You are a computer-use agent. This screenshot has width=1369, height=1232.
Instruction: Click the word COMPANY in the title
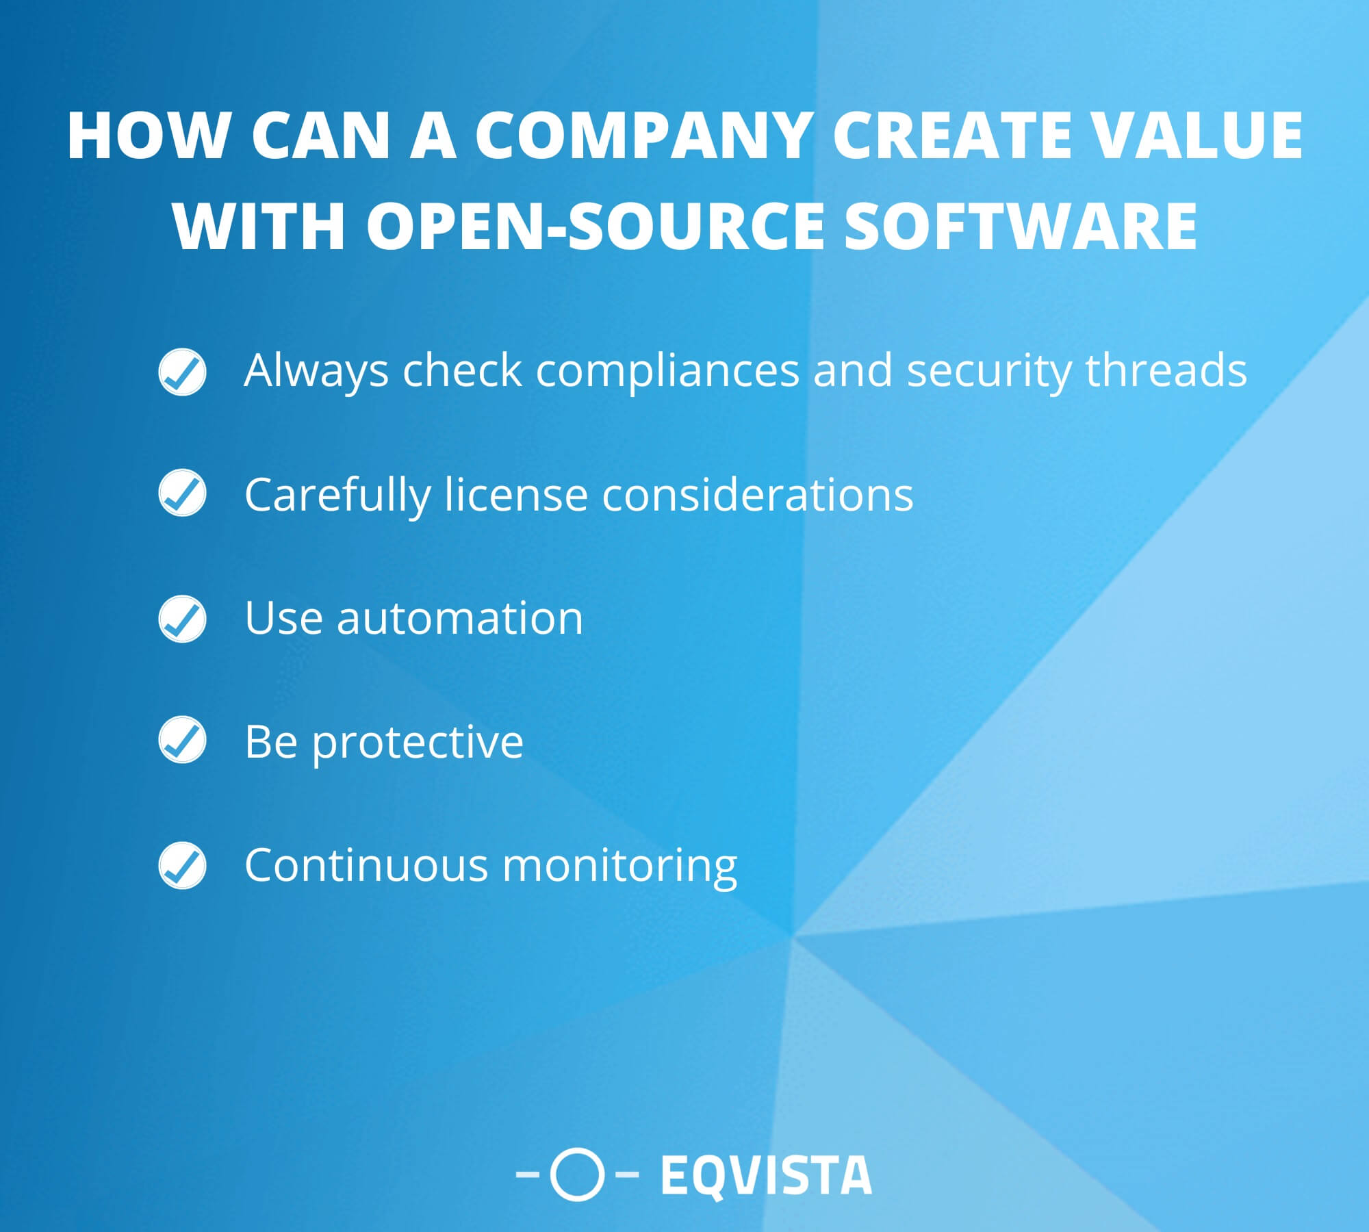[x=646, y=136]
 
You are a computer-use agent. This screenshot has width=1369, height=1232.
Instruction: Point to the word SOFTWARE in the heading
[x=1021, y=226]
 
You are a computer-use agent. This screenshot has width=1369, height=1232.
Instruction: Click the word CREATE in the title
[x=951, y=136]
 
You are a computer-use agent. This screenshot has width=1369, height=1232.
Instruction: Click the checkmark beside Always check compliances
[x=182, y=372]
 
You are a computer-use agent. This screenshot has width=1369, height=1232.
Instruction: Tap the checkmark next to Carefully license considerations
[x=182, y=493]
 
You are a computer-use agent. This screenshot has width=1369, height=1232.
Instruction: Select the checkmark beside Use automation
[x=182, y=619]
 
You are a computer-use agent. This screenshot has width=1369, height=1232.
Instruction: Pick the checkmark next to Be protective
[x=182, y=740]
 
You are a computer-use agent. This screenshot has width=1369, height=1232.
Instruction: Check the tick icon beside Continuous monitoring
[x=182, y=865]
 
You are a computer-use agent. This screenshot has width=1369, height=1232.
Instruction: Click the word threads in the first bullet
[x=1166, y=371]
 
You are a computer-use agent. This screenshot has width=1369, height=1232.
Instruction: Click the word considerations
[x=758, y=494]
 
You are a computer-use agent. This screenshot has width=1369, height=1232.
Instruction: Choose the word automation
[x=459, y=618]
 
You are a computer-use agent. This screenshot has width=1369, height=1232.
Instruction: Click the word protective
[x=418, y=743]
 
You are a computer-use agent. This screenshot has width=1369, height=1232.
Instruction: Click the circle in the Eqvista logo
[x=577, y=1175]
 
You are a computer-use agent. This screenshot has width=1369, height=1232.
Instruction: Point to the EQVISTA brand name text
[x=766, y=1175]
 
